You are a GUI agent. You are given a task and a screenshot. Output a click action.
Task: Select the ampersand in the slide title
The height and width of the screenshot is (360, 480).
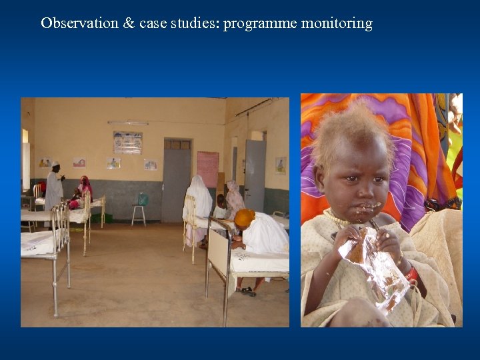tap(129, 23)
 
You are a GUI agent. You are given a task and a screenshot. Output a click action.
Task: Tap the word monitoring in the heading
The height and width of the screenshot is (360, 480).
tap(337, 23)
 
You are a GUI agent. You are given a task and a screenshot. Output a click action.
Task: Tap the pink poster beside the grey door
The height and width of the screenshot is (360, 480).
tap(207, 169)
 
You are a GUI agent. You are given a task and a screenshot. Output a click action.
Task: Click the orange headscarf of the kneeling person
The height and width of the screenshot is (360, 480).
tap(245, 218)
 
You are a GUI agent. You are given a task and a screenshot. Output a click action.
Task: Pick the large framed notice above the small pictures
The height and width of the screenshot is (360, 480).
tap(127, 142)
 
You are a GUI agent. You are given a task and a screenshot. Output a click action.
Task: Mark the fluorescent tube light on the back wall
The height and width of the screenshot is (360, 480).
tap(127, 123)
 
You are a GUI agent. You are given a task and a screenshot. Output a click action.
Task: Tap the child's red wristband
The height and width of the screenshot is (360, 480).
tap(413, 274)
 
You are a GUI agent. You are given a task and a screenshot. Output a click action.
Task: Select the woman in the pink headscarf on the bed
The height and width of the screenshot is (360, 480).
tap(85, 189)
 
